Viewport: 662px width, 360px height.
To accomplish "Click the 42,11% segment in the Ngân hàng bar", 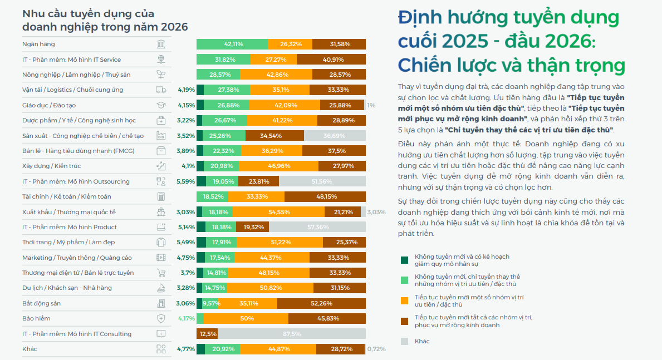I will pyautogui.click(x=232, y=44).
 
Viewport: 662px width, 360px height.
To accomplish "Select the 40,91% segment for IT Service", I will pyautogui.click(x=331, y=60).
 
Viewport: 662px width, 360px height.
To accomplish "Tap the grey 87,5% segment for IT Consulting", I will pyautogui.click(x=291, y=334).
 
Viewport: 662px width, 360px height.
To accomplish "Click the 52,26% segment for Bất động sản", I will pyautogui.click(x=321, y=303).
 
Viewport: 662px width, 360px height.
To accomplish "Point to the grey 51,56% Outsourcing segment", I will pyautogui.click(x=322, y=181).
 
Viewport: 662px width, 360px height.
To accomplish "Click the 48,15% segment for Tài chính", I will pyautogui.click(x=325, y=196).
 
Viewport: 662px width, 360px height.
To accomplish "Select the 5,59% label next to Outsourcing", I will pyautogui.click(x=185, y=181).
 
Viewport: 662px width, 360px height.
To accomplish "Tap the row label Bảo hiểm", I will pyautogui.click(x=36, y=318).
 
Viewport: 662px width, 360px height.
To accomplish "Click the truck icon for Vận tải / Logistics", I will pyautogui.click(x=161, y=90).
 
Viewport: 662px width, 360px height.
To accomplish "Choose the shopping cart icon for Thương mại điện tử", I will pyautogui.click(x=161, y=273).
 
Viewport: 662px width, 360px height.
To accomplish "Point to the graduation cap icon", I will pyautogui.click(x=161, y=105).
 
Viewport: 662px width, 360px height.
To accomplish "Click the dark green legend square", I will pyautogui.click(x=404, y=260).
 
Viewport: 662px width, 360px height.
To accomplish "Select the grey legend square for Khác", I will pyautogui.click(x=404, y=341).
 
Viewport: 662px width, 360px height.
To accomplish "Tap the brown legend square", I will pyautogui.click(x=404, y=321).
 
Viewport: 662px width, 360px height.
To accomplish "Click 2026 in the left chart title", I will pyautogui.click(x=174, y=27).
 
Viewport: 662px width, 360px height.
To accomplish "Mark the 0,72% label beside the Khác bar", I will pyautogui.click(x=376, y=349).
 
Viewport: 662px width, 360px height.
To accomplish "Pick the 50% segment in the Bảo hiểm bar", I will pyautogui.click(x=247, y=318).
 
